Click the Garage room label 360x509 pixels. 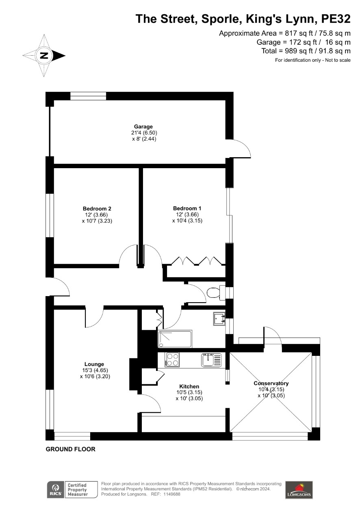point(143,127)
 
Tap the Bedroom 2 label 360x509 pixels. point(97,209)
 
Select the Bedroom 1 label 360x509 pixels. point(187,208)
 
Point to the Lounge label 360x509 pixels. point(94,364)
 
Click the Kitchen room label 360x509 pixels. point(189,386)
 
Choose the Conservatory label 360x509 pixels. point(271,383)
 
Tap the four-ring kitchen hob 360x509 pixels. point(173,360)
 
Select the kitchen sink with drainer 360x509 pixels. point(211,360)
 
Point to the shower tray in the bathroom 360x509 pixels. point(175,339)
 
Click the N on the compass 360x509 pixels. point(44,55)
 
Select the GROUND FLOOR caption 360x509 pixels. point(70,449)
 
